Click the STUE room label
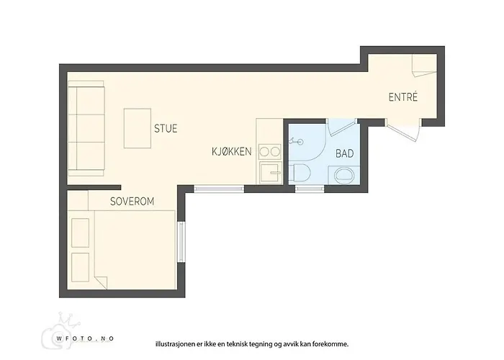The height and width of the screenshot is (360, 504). tap(166, 129)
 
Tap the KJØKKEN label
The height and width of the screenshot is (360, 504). tap(231, 151)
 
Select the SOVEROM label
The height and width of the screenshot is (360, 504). tap(132, 202)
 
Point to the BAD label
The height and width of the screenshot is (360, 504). tap(345, 153)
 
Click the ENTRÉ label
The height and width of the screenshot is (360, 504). tap(403, 97)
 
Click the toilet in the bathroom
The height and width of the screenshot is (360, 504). tap(300, 173)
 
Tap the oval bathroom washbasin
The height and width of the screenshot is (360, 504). tap(344, 176)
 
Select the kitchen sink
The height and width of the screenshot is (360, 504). tap(271, 172)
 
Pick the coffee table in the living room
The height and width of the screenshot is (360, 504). tap(138, 128)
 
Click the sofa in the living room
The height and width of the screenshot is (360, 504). tap(86, 128)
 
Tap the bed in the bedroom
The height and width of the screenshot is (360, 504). tap(122, 250)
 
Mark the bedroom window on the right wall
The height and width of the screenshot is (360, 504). tap(181, 242)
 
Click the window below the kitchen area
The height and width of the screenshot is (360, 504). tap(219, 189)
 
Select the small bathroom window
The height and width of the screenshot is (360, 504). tap(310, 189)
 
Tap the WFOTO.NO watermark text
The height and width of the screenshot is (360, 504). tap(85, 338)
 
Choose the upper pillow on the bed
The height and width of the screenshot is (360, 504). tap(80, 233)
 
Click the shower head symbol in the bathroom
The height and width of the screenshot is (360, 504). tap(296, 141)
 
